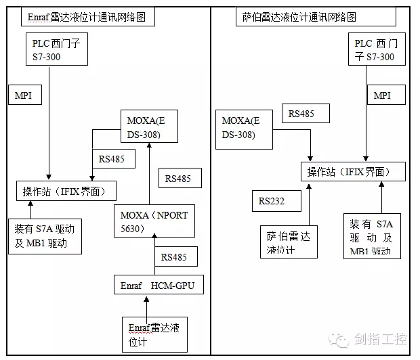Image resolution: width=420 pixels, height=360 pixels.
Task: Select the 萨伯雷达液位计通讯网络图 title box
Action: point(299,16)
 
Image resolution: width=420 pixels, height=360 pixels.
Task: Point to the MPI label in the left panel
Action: point(23,95)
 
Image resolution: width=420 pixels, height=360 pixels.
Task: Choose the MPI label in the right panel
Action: point(382,95)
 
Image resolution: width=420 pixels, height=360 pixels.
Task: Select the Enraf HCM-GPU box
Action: point(158,286)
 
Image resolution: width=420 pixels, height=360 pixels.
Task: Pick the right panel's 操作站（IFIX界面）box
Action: point(353,171)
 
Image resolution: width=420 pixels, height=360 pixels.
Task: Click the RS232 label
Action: point(271,201)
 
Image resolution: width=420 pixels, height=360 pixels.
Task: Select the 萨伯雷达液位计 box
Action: point(289,242)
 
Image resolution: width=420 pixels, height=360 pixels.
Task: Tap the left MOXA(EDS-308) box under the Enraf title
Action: point(150,127)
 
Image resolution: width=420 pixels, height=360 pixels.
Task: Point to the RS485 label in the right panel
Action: point(301,114)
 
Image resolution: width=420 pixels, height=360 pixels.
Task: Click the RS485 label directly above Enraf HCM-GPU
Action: point(175,256)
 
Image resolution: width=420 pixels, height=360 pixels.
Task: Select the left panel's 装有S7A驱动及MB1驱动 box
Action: point(45,235)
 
